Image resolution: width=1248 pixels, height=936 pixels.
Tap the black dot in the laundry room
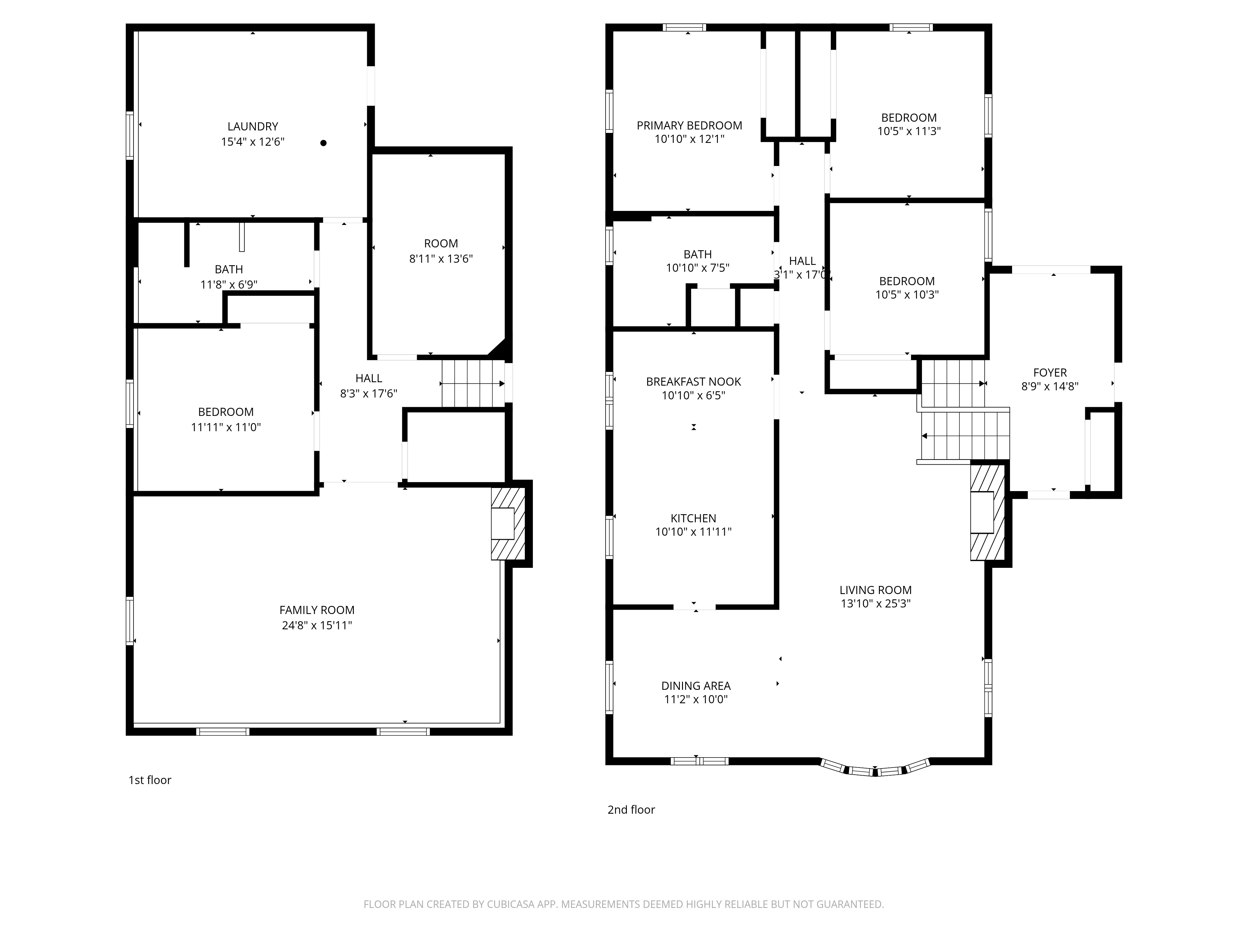323,143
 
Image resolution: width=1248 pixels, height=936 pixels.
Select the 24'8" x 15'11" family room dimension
317,625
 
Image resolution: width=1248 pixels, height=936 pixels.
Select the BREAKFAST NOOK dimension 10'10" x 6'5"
693,396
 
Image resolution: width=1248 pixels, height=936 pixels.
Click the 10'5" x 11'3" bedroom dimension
909,131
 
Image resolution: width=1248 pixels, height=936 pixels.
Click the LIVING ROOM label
876,590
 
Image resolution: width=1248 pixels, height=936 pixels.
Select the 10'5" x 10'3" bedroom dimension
907,295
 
